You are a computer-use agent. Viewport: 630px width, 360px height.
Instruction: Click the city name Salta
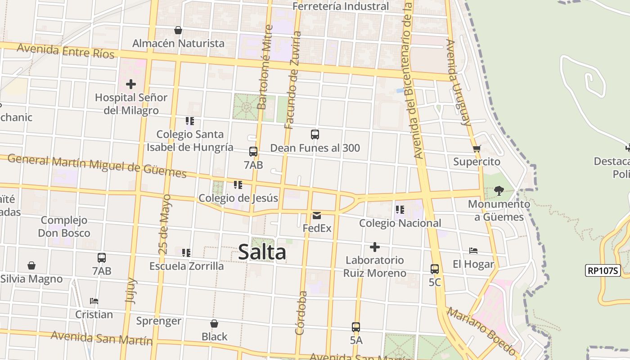coord(262,252)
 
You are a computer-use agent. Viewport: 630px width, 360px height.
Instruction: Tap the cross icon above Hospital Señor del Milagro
coord(131,84)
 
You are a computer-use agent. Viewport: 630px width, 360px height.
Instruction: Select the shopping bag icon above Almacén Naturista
coord(178,30)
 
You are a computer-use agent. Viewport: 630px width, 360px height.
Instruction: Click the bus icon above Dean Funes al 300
coord(315,134)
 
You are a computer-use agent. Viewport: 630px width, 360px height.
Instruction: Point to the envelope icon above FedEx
coord(317,215)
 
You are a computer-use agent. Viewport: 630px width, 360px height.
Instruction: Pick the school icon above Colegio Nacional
coord(400,210)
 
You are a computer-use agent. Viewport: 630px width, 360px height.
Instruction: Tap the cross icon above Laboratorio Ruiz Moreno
coord(374,247)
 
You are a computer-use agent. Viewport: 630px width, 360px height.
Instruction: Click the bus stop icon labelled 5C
coord(435,269)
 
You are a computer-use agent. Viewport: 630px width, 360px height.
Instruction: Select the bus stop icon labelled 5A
coord(356,327)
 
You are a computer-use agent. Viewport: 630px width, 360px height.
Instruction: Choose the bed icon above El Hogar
coord(473,251)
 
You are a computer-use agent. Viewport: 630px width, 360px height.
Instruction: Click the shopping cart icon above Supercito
coord(477,148)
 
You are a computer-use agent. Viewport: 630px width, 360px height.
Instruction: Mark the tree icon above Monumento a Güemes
coord(499,190)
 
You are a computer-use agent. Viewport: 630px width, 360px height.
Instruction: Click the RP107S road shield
coord(603,270)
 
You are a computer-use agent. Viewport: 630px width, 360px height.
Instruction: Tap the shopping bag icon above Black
coord(214,324)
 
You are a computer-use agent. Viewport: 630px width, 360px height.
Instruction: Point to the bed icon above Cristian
coord(94,301)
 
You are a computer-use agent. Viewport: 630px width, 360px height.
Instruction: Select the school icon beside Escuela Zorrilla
coord(186,253)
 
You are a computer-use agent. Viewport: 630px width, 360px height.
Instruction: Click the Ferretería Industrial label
coord(341,6)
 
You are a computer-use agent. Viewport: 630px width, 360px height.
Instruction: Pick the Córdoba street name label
coord(301,313)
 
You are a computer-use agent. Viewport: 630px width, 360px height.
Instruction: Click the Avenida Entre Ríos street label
coord(66,51)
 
